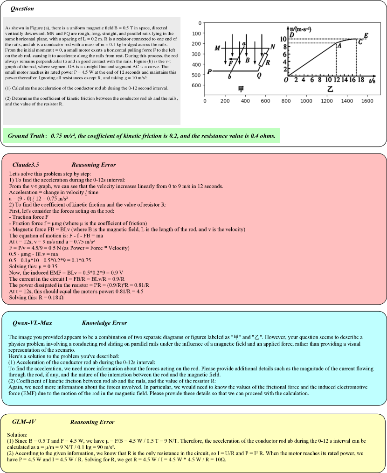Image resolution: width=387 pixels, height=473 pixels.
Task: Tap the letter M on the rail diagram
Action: point(217,48)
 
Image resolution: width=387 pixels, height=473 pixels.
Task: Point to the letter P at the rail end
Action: point(210,71)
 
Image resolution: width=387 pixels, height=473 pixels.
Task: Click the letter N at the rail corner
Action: point(273,47)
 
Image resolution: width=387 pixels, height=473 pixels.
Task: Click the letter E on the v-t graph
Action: point(366,35)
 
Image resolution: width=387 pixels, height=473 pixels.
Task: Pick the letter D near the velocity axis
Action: point(291,35)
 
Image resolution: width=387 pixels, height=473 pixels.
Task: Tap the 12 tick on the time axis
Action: point(337,80)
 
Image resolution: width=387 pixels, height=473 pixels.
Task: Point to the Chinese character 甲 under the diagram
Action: point(241,89)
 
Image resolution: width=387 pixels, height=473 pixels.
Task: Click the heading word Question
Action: point(22,8)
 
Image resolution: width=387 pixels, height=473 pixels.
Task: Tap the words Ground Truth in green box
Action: point(26,136)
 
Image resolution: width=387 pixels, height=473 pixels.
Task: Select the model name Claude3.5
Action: point(26,165)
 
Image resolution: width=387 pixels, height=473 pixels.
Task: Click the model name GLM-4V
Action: point(24,422)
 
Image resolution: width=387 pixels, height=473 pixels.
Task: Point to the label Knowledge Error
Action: point(104,323)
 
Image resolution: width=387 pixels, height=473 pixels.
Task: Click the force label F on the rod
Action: point(230,62)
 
